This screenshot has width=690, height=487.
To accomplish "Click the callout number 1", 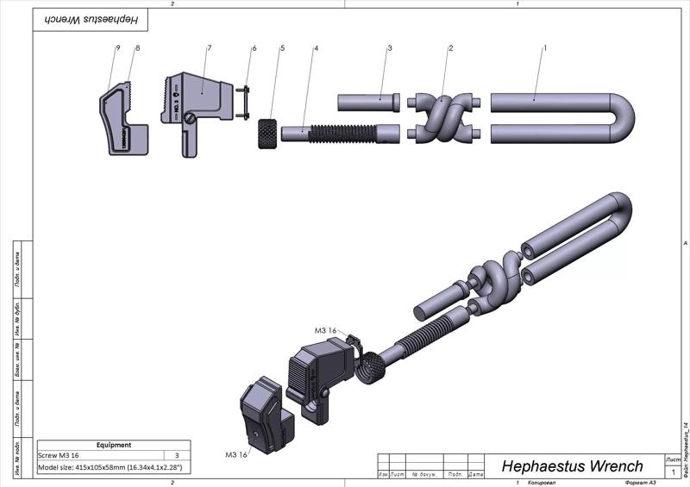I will coord(545,48).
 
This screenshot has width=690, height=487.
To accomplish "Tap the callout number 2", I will coord(450,48).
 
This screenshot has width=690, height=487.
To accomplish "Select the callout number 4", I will coord(317,48).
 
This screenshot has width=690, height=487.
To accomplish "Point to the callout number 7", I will coord(210,48).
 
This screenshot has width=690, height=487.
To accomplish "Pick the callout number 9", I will coord(117,48).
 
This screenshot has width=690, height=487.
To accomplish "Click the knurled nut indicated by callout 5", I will coord(268,134).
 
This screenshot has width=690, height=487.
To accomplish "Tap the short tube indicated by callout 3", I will coord(366,102).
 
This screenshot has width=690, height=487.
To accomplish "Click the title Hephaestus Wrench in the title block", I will coord(572,466).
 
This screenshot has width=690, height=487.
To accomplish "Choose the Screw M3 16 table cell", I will coord(59,455).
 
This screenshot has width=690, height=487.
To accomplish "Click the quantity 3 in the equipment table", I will coord(177,455).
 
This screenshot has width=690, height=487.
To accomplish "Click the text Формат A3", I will coord(641,483).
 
